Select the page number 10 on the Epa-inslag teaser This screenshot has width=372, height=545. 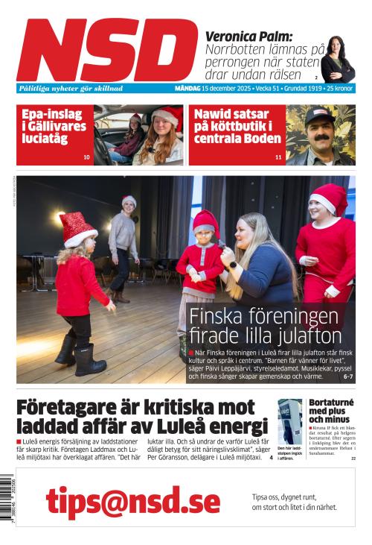point(86,157)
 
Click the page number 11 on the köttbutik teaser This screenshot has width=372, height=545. point(278,157)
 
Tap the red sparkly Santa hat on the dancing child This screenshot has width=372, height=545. point(76,228)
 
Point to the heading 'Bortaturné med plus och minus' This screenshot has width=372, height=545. point(331,411)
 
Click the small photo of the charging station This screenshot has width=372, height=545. point(289,422)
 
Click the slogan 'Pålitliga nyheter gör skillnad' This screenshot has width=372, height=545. point(71,88)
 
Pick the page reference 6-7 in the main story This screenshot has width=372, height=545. point(347,377)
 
